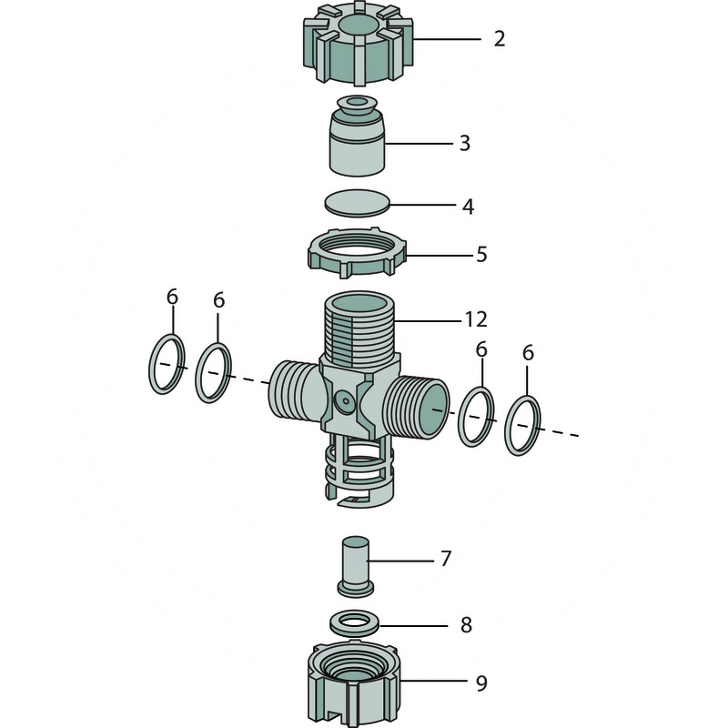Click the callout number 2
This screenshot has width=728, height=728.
(499, 38)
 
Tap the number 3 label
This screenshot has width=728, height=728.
(465, 143)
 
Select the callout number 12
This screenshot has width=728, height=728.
(476, 319)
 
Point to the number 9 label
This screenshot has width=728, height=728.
(481, 683)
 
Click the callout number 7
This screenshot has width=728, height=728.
(446, 559)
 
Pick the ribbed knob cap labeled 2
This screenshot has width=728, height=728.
(358, 44)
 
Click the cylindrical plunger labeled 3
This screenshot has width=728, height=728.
(357, 136)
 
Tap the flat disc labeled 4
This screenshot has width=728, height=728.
(357, 203)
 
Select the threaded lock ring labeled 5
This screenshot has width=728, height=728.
(357, 253)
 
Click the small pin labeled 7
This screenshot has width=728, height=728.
(355, 566)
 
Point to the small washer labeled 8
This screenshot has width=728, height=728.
(355, 622)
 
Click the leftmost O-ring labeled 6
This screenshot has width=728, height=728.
(167, 364)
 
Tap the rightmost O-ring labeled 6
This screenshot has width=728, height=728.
(522, 426)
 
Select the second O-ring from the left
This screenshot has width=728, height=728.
(213, 373)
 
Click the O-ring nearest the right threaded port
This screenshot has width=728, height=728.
(476, 417)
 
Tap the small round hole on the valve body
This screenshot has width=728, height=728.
(346, 400)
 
